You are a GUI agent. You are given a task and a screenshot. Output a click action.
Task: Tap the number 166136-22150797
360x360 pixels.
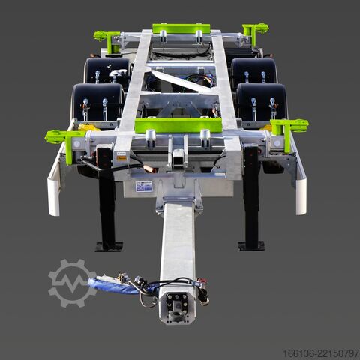tap(321, 353)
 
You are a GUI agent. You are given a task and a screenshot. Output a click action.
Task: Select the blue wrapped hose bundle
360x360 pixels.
tap(112, 286)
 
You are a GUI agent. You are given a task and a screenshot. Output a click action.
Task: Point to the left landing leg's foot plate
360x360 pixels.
tap(109, 246)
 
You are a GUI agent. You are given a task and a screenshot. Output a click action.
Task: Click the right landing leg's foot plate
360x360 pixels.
tap(251, 245)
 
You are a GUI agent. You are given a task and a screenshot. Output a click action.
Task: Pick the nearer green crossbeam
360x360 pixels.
tap(178, 125)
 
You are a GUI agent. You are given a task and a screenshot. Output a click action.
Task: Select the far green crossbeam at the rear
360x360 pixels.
tap(181, 28)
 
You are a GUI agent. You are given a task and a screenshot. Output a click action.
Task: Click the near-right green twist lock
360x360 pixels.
tap(290, 130)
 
